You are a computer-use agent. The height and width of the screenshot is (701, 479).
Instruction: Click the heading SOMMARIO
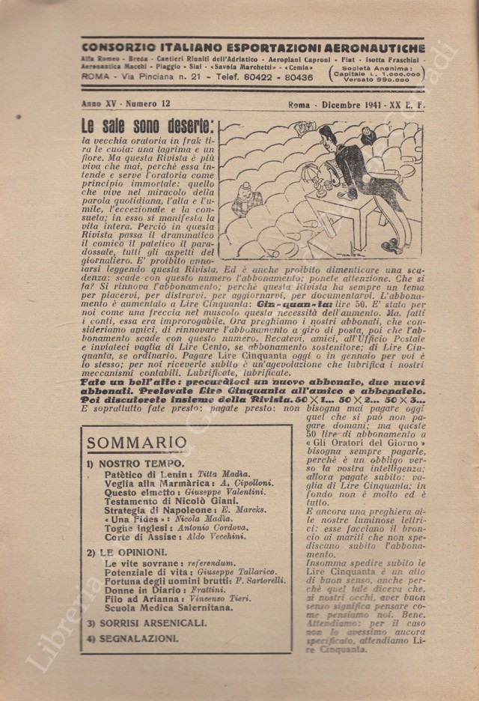pos(136,442)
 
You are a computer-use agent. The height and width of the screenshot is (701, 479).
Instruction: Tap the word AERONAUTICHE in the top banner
pos(367,47)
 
